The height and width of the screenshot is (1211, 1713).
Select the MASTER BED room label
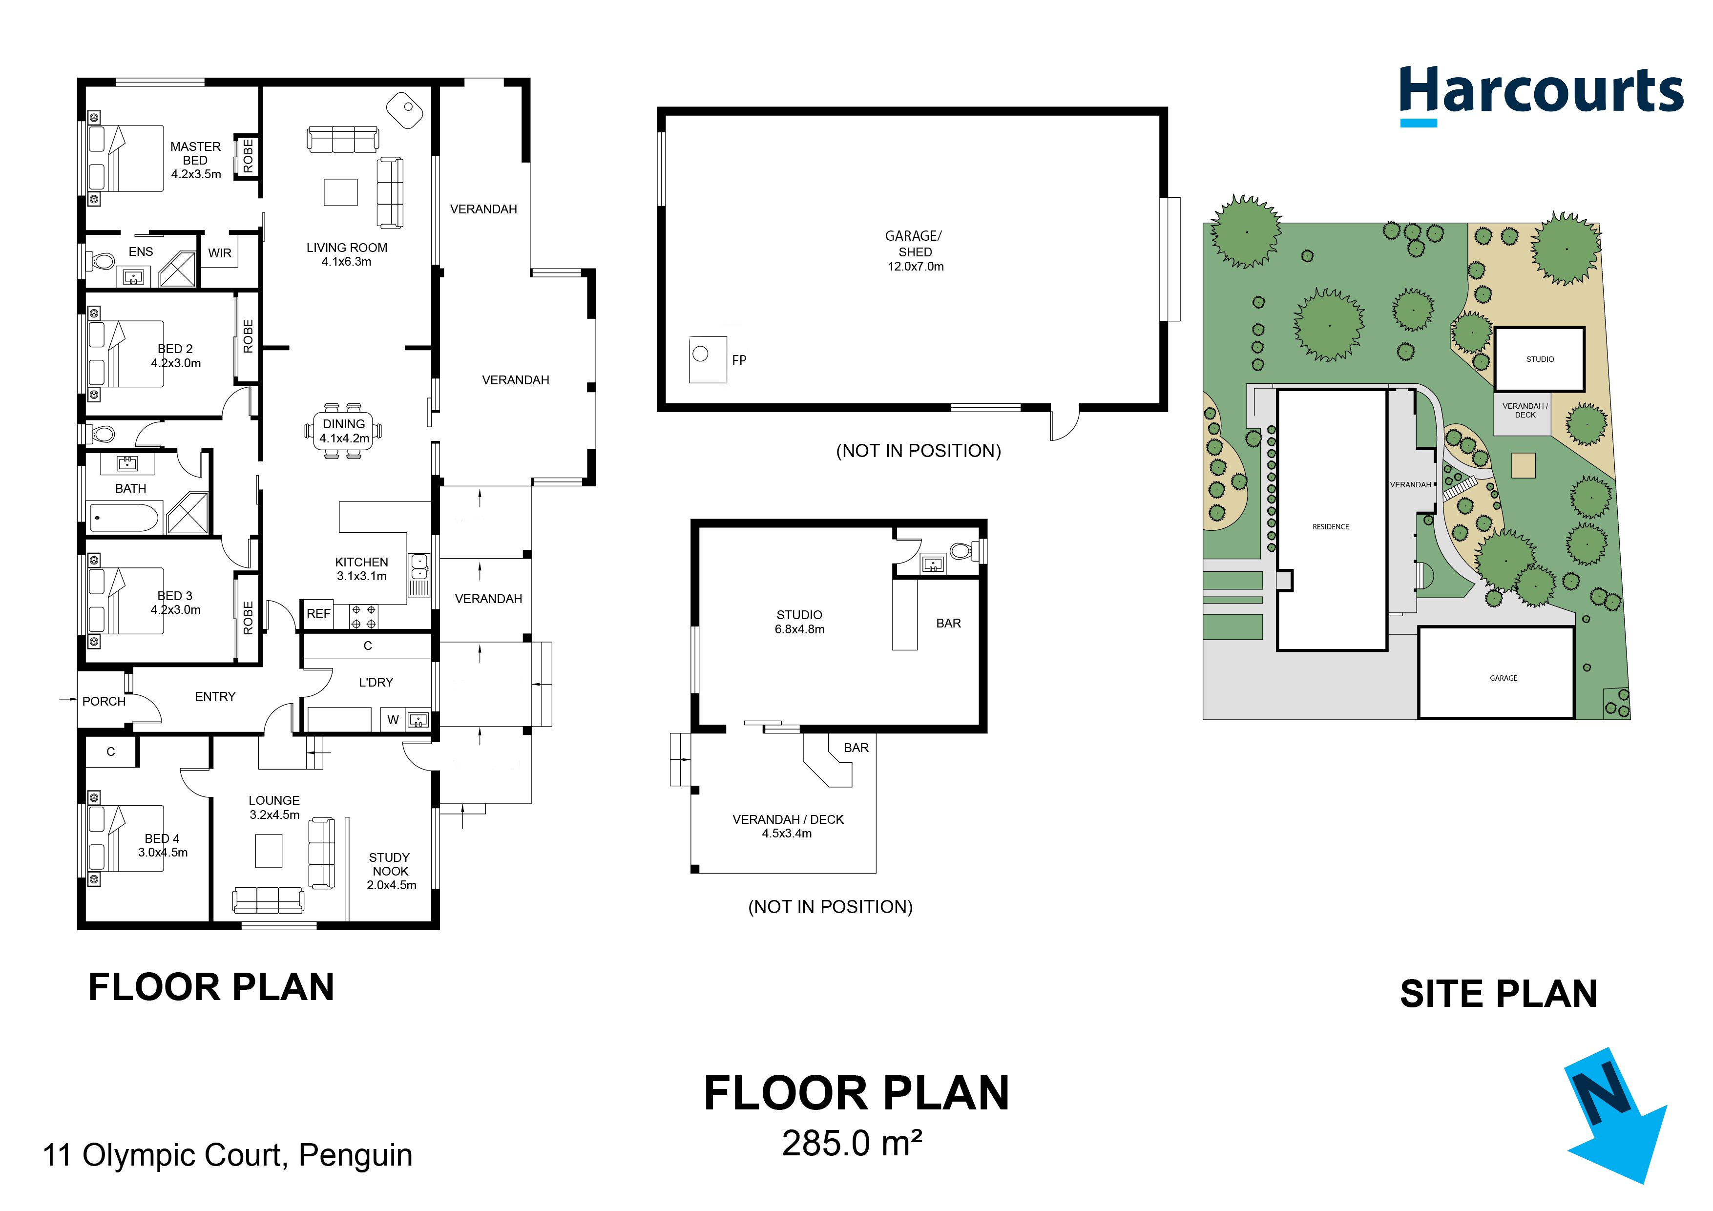tap(195, 160)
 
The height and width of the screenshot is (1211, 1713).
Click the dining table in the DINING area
tap(344, 431)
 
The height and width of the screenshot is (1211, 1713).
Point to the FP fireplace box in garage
tap(707, 360)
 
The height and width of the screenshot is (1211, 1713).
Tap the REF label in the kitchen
tap(318, 613)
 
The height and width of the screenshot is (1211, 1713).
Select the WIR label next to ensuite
tap(219, 253)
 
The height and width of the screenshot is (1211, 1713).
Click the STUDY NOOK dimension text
tap(391, 885)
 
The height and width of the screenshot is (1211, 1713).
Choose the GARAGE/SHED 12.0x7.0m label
tap(915, 251)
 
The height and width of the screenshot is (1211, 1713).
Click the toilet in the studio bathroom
tap(963, 551)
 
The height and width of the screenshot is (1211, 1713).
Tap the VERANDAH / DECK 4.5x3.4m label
tap(788, 826)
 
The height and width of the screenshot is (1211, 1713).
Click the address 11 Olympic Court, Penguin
tap(228, 1155)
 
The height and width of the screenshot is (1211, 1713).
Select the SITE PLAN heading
tap(1498, 994)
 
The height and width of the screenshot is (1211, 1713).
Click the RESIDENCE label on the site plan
tap(1330, 527)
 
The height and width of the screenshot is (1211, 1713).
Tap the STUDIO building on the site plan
tap(1539, 359)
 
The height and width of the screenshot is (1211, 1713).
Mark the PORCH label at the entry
tap(104, 701)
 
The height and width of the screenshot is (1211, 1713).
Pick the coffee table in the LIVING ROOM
tap(340, 192)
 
